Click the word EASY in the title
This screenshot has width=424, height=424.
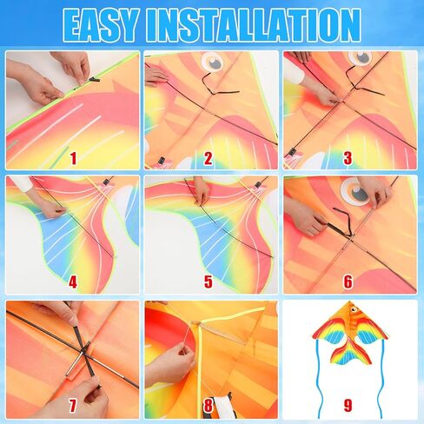pyautogui.click(x=101, y=25)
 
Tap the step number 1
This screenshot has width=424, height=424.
pyautogui.click(x=73, y=158)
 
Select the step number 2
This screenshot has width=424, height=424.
pyautogui.click(x=209, y=158)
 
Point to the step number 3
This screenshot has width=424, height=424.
pyautogui.click(x=348, y=158)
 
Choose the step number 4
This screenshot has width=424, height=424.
pyautogui.click(x=73, y=282)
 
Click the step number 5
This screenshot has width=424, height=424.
pyautogui.click(x=209, y=282)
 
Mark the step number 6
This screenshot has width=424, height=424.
pyautogui.click(x=348, y=282)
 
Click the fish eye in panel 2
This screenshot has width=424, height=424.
pyautogui.click(x=212, y=62)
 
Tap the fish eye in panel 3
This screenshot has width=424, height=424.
pyautogui.click(x=360, y=58)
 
